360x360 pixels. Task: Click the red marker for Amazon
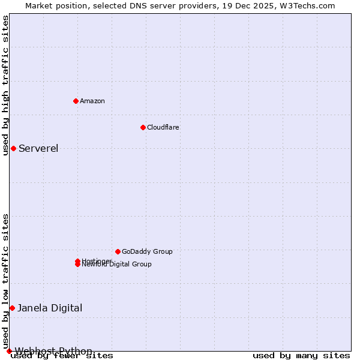pos(76,101)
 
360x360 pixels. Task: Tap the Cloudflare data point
pos(143,127)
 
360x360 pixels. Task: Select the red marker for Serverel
pos(13,148)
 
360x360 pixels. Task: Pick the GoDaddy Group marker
pos(118,251)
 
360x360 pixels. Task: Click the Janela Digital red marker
pos(12,308)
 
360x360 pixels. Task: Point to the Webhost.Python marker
pos(9,351)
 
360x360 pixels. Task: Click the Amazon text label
pos(92,101)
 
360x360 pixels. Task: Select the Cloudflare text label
pos(163,127)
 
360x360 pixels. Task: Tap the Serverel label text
pos(38,149)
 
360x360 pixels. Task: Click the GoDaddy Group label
pos(147,251)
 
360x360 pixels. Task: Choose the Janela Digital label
pos(50,308)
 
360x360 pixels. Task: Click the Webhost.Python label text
pos(53,351)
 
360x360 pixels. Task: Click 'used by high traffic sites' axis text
pos(6,85)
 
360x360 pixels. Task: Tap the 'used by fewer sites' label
pos(62,356)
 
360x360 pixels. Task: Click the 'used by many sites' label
pos(301,356)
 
